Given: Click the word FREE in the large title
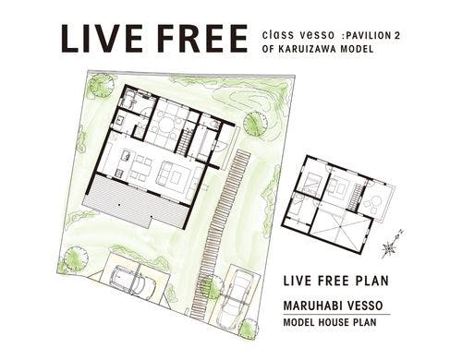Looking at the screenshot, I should click(x=196, y=40).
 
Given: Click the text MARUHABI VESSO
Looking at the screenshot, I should click(x=331, y=304).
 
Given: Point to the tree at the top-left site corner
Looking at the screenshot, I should click(x=99, y=89).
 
